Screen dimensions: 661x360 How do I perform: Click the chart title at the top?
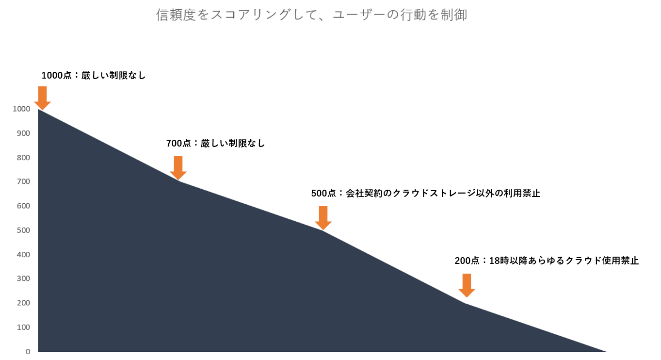click(311, 15)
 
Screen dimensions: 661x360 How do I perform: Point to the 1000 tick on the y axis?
click(21, 109)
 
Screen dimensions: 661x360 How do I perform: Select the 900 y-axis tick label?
click(23, 133)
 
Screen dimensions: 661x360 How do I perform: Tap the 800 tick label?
click(23, 157)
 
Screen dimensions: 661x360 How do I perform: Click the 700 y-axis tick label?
click(23, 181)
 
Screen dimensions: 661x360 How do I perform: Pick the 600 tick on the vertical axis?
click(23, 206)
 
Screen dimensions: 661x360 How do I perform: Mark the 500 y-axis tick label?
click(23, 230)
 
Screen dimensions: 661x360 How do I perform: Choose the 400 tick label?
click(23, 255)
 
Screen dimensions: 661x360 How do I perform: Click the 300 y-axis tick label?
click(23, 278)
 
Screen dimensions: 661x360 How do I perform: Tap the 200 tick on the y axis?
click(23, 303)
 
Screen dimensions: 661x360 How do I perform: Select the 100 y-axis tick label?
click(23, 327)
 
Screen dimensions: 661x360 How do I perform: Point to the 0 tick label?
click(28, 352)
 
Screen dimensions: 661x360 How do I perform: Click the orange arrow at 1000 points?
click(43, 98)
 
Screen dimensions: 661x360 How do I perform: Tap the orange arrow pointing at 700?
click(178, 168)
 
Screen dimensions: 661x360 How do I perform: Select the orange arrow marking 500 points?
click(323, 218)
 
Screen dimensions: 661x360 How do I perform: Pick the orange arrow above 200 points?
click(467, 286)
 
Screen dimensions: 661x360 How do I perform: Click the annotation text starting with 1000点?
click(94, 76)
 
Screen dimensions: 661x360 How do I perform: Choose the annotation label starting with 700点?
click(216, 144)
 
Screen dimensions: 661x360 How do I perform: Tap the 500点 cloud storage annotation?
click(425, 194)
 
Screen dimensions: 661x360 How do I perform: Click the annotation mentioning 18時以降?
click(547, 261)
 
